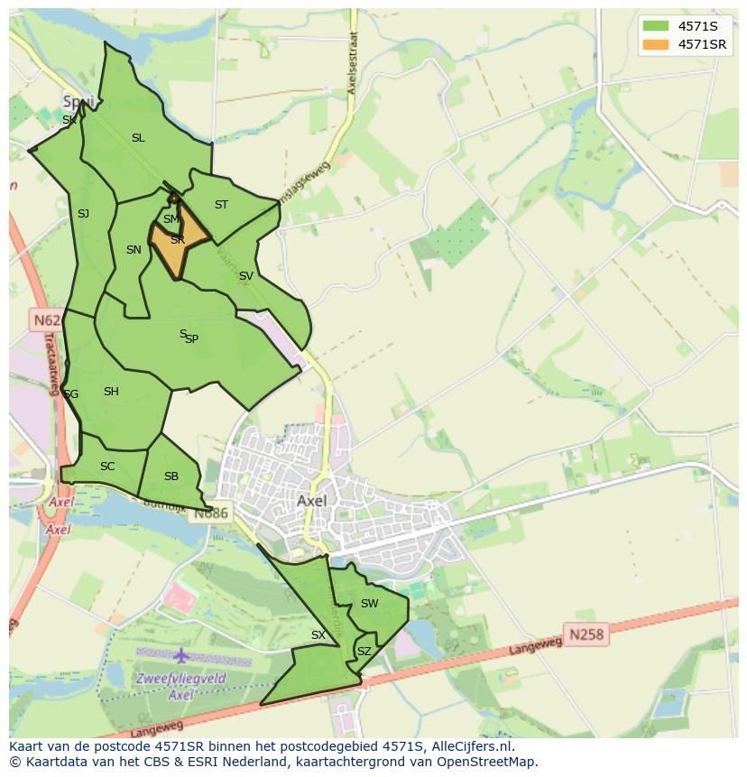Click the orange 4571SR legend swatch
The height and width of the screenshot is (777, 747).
656,44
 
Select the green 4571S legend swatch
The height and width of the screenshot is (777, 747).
656,26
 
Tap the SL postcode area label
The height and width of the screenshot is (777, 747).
138,138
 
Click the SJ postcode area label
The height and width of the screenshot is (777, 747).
83,214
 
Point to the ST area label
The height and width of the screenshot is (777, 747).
221,205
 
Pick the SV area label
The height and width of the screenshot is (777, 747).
245,276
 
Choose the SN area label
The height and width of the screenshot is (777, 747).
134,250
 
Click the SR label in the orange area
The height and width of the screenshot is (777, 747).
178,240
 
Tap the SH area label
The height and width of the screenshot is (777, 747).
111,392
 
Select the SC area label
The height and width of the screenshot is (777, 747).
107,467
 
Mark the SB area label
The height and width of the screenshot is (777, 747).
171,476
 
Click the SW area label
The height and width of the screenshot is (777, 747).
369,604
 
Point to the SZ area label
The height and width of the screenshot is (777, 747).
364,651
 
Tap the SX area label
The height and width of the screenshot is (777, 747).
318,635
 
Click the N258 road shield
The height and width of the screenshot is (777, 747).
586,634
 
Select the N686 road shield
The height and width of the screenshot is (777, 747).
212,513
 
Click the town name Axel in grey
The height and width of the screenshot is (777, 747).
311,500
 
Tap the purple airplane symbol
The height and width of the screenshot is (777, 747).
181,655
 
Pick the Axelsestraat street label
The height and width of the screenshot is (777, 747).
352,64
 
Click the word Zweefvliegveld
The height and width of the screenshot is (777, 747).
181,679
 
